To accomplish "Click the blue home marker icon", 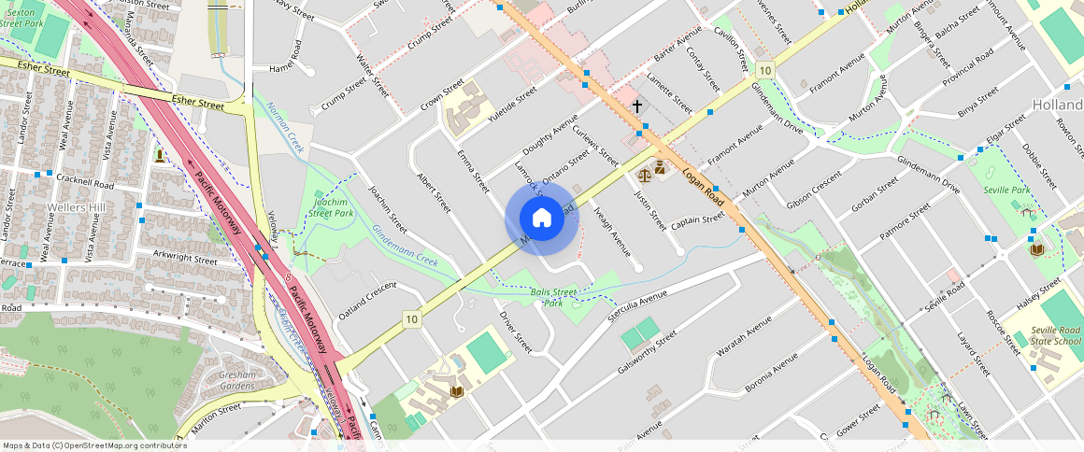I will [541, 219].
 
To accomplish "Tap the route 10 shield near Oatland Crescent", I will [411, 319].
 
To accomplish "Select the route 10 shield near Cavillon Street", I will [765, 71].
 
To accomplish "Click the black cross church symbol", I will [637, 106].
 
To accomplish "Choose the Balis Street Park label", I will [554, 298].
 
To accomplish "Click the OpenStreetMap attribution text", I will [94, 445].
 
